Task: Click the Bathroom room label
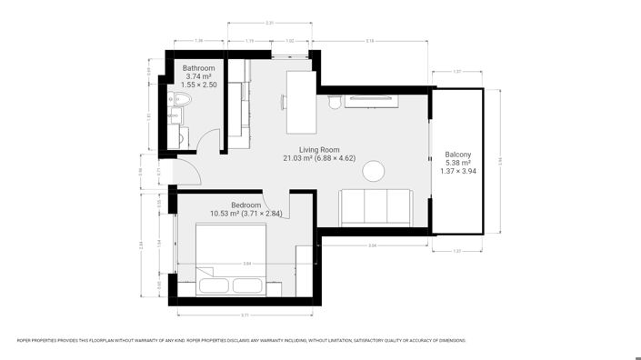click(197, 68)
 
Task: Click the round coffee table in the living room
click(374, 171)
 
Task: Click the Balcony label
click(458, 155)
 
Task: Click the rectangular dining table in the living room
click(297, 90)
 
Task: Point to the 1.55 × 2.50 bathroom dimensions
click(197, 85)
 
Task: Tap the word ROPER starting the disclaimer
click(25, 340)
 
